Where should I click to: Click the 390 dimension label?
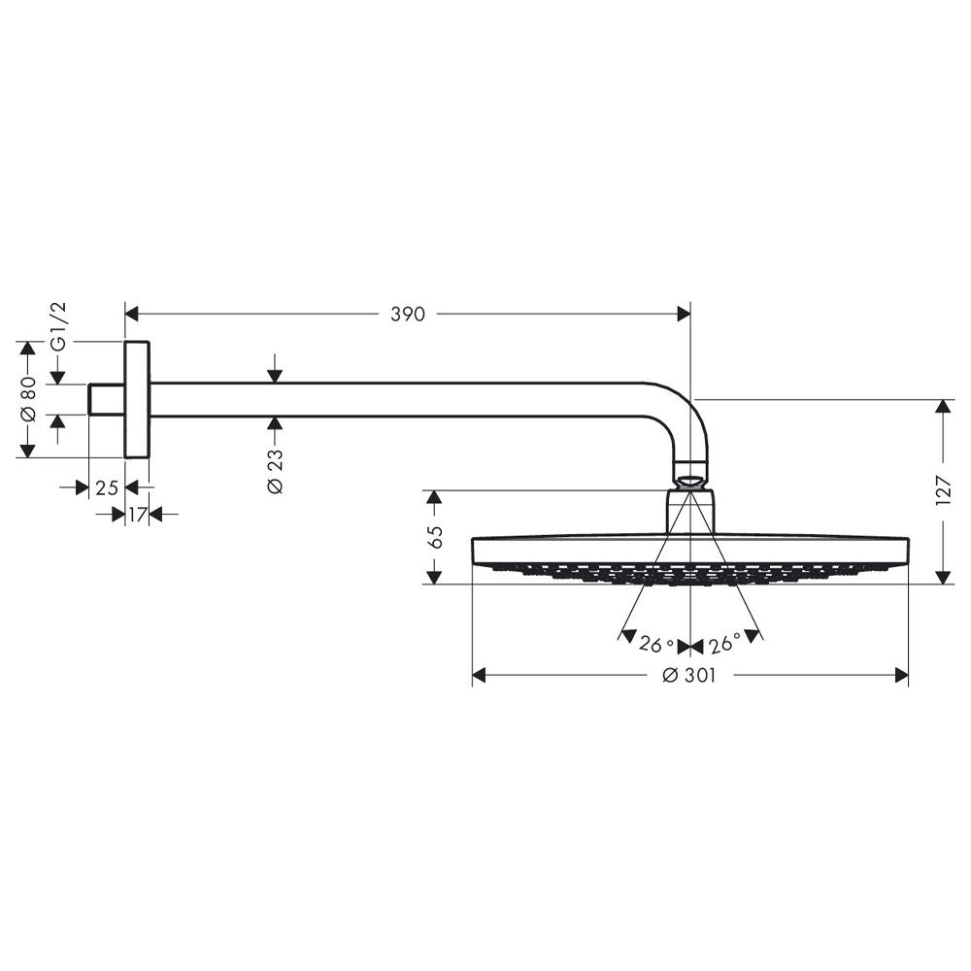pos(408,314)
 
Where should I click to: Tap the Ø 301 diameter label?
pos(688,675)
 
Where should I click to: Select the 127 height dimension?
pos(943,490)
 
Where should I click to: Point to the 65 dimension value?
pos(435,537)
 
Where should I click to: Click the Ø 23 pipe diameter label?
pos(275,471)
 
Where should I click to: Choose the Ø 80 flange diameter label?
pos(28,399)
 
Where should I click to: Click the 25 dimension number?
pos(107,488)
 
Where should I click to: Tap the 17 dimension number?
pos(138,514)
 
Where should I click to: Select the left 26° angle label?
pos(656,645)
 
